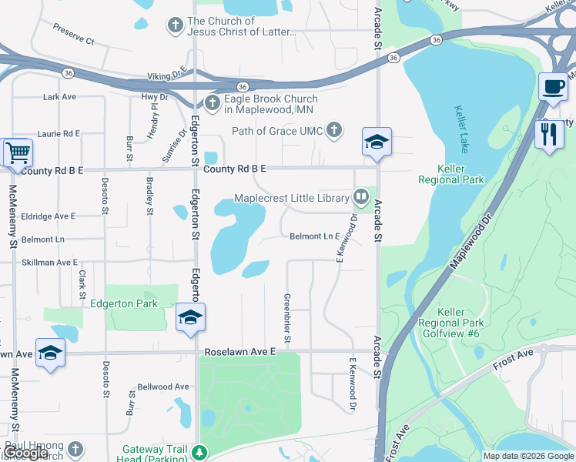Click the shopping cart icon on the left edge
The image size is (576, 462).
(x=18, y=152)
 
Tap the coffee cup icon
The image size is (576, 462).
(x=553, y=86)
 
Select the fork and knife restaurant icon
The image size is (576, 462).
(x=549, y=135)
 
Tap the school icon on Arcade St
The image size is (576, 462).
(x=377, y=142)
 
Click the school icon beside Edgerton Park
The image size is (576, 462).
(x=190, y=317)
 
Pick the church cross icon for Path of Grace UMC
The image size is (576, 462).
(x=334, y=130)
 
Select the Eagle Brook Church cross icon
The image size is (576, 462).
(x=212, y=103)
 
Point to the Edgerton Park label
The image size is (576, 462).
(x=124, y=303)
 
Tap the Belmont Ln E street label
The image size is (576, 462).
(x=314, y=236)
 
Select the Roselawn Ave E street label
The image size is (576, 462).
(x=239, y=351)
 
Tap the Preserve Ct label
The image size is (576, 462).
(x=73, y=33)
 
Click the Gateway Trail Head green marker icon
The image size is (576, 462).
(x=200, y=452)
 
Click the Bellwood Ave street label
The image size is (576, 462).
(x=162, y=387)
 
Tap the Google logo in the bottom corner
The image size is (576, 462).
(x=26, y=453)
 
